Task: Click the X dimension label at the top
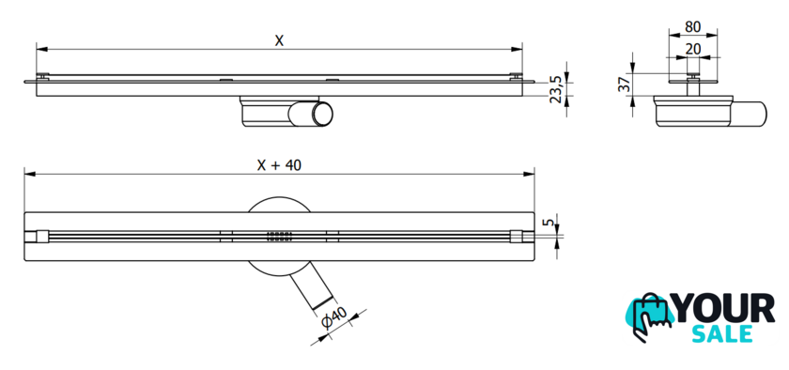[x=279, y=40]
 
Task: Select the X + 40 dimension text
[x=279, y=165]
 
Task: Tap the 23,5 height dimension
[x=555, y=89]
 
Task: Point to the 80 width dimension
[x=693, y=26]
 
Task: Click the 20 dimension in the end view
[x=693, y=49]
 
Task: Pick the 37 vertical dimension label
[x=624, y=85]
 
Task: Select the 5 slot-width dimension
[x=550, y=222]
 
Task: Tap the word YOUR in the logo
[x=724, y=308]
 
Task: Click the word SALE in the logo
[x=722, y=333]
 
